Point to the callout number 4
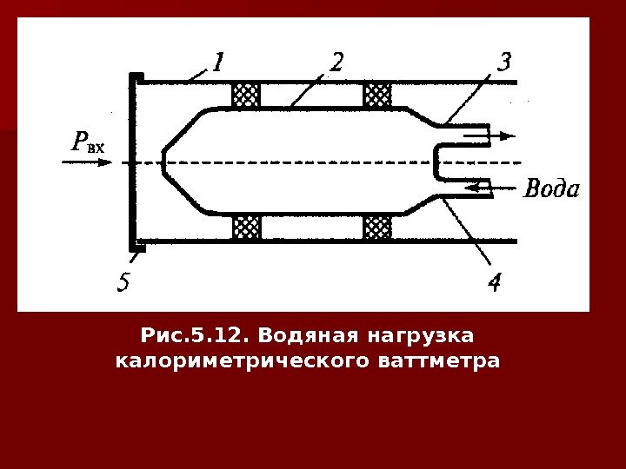494,283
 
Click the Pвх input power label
86,142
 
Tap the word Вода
551,188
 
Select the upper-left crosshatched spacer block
246,96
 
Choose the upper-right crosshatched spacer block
377,96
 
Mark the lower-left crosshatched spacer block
246,228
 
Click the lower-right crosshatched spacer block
377,228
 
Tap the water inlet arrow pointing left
478,186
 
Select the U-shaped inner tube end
439,162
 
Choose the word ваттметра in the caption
449,359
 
